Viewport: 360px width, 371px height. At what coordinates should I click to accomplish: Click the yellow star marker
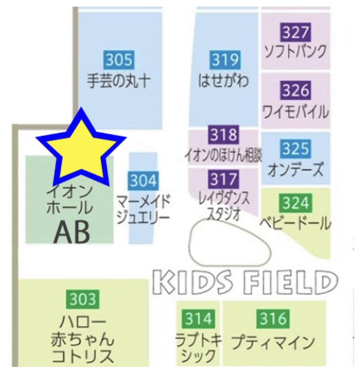pyautogui.click(x=81, y=149)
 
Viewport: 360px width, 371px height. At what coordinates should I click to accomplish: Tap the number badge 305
pyautogui.click(x=119, y=61)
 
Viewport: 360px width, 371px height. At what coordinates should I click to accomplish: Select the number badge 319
pyautogui.click(x=225, y=60)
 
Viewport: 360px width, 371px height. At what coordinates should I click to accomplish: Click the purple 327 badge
pyautogui.click(x=296, y=33)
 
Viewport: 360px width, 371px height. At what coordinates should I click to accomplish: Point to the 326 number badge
pyautogui.click(x=296, y=91)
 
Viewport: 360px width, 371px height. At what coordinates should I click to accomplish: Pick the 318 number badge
pyautogui.click(x=223, y=135)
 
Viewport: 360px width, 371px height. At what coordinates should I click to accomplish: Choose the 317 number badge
pyautogui.click(x=223, y=179)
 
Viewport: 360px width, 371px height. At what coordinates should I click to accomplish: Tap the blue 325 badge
pyautogui.click(x=296, y=149)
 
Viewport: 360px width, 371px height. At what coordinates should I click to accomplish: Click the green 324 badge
pyautogui.click(x=296, y=203)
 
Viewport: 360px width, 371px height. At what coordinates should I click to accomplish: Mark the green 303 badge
pyautogui.click(x=82, y=299)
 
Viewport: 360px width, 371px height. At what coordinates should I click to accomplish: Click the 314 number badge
pyautogui.click(x=198, y=319)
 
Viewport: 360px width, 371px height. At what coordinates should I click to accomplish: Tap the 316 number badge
pyautogui.click(x=273, y=319)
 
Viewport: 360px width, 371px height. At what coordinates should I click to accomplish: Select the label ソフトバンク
pyautogui.click(x=295, y=51)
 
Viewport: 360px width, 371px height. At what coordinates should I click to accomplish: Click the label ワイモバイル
pyautogui.click(x=295, y=111)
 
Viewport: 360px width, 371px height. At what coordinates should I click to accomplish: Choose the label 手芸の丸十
pyautogui.click(x=119, y=81)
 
